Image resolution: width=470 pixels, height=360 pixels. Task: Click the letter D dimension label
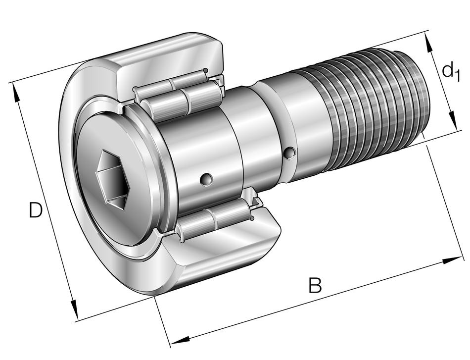pos(35,210)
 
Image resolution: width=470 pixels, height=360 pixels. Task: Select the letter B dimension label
pos(315,286)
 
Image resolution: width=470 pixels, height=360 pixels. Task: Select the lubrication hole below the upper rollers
pos(206,179)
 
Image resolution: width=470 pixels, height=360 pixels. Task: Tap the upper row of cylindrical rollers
pos(181,97)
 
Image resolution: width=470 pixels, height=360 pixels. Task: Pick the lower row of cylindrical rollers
pos(215,218)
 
